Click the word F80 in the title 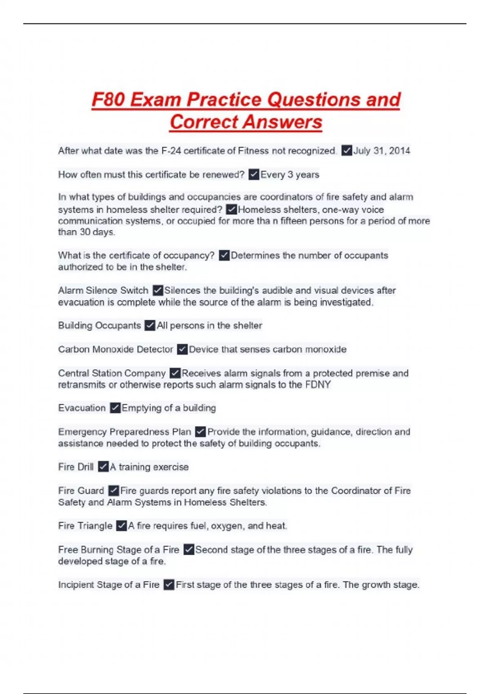(108, 100)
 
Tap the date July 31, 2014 (381, 151)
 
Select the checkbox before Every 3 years (254, 175)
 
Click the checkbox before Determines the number (224, 256)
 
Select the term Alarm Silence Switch (103, 291)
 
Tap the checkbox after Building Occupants (150, 326)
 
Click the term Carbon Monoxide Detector (116, 349)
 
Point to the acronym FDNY (318, 385)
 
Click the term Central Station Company (111, 374)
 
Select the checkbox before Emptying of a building (115, 408)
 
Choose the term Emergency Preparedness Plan (125, 432)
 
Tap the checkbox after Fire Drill (103, 467)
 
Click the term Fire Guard (81, 491)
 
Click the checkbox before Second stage (189, 550)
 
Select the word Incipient (76, 585)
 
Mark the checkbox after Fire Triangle (121, 526)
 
